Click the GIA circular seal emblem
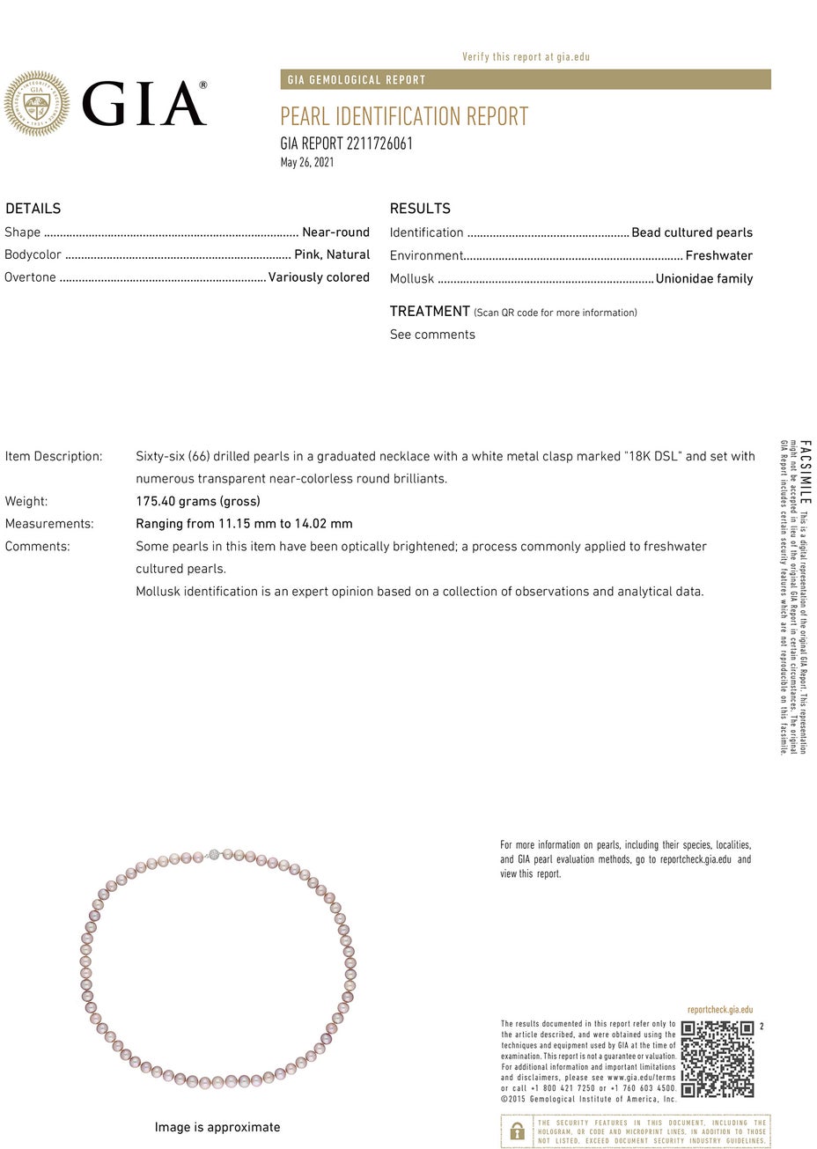pos(36,103)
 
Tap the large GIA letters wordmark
pos(144,104)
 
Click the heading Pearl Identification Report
pos(404,116)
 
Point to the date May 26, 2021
pos(307,162)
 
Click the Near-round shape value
pos(335,232)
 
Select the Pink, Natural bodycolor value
pos(332,254)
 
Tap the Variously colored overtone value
pos(319,277)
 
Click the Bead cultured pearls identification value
pos(692,232)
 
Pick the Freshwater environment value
pos(718,255)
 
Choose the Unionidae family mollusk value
pos(704,278)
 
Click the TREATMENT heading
pos(430,312)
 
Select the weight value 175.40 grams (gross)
pos(198,501)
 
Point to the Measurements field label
pos(49,524)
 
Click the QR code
pos(718,1059)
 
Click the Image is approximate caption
pos(217,1127)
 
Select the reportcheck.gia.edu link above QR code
pos(720,1010)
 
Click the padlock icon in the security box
pos(518,1131)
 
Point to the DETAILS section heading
pos(33,209)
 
